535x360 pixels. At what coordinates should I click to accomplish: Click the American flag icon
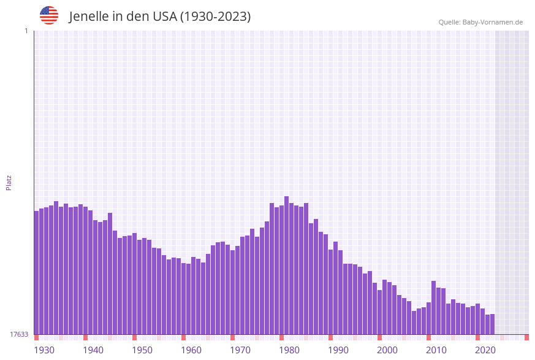tap(49, 15)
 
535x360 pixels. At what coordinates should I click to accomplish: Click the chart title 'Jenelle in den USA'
tap(159, 17)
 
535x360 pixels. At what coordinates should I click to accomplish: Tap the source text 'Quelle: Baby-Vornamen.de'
tap(480, 22)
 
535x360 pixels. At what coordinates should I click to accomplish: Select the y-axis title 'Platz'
tap(9, 182)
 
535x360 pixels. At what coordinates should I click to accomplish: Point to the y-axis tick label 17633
tap(19, 334)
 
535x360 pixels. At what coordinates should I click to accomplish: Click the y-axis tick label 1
tap(26, 31)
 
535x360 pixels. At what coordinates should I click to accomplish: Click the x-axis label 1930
tap(44, 350)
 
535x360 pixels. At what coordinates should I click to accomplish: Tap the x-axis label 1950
tap(142, 350)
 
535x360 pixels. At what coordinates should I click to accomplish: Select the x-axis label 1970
tap(240, 350)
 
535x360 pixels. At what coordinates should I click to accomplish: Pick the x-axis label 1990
tap(338, 350)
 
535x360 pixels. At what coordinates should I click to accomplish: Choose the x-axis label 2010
tap(436, 350)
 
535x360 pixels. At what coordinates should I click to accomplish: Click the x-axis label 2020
tap(485, 350)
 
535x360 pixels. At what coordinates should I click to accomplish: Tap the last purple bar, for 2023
tap(492, 324)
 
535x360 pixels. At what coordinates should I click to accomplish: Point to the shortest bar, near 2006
tap(414, 323)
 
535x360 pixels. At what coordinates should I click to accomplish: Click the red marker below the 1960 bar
tap(183, 337)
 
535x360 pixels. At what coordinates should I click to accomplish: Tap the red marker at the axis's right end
tap(526, 337)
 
